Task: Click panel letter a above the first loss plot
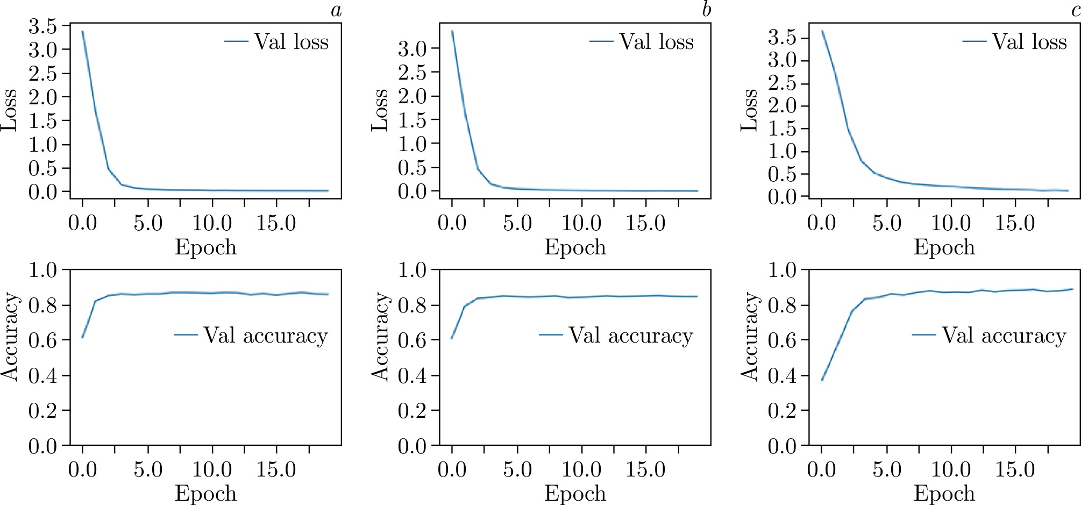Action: (336, 10)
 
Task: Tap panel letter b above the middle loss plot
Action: (707, 10)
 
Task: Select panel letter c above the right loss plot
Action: (1076, 10)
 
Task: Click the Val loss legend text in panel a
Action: (291, 42)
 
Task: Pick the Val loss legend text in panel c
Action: (1029, 42)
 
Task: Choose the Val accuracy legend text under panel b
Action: (631, 336)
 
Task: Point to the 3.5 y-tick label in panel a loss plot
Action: (42, 26)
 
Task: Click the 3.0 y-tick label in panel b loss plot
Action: (412, 49)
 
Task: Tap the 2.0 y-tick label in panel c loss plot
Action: (782, 105)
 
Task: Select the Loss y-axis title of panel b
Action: (380, 110)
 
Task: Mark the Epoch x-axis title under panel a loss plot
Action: (205, 247)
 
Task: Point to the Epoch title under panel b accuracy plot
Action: (575, 494)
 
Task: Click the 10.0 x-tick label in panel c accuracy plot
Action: (950, 470)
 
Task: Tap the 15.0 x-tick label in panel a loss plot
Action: (276, 223)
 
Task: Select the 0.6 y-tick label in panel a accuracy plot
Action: (42, 340)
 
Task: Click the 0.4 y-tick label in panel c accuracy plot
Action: (782, 376)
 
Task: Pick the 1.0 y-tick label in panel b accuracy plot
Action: (412, 270)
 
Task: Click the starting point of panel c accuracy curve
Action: (822, 380)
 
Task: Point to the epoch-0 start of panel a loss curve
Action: (82, 31)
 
